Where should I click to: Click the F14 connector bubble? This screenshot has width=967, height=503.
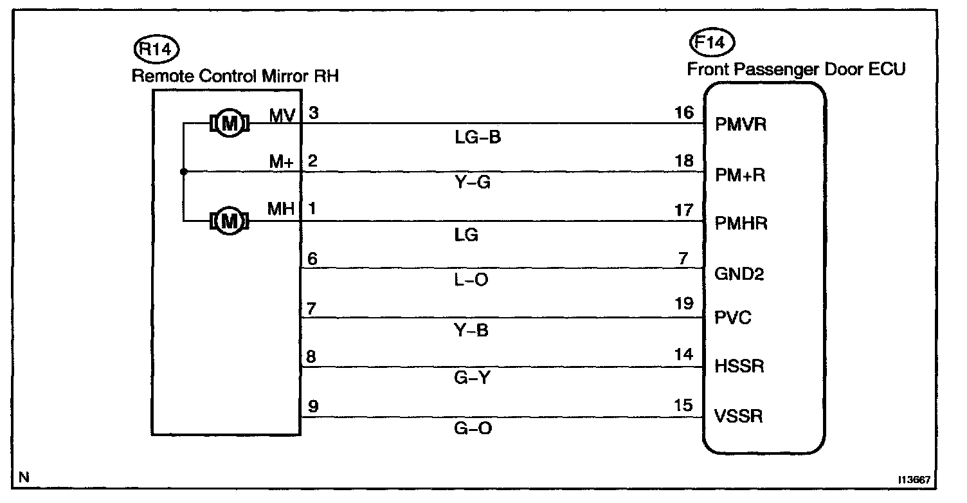(712, 43)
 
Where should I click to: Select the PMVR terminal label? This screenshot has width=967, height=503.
(740, 124)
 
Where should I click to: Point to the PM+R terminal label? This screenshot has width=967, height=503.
(740, 174)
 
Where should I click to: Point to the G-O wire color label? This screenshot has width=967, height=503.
(473, 426)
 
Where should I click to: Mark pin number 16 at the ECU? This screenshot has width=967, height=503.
(685, 113)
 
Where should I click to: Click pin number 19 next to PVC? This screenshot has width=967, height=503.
(685, 304)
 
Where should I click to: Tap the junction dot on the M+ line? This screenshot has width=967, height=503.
(183, 172)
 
